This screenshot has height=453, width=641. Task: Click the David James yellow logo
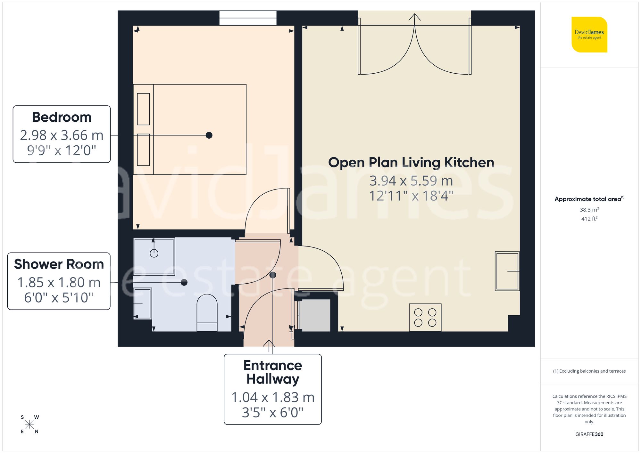[x=589, y=35]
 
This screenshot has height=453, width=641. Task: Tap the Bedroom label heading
[x=62, y=117]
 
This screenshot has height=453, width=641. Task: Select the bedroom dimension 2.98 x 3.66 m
[x=62, y=135]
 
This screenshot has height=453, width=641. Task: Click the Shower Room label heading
[x=59, y=264]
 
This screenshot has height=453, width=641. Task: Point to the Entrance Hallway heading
[x=273, y=372]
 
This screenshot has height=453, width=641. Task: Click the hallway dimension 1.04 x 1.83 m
[x=273, y=397]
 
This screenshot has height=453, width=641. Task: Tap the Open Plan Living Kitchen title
[x=411, y=162]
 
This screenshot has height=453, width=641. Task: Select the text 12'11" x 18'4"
[x=411, y=196]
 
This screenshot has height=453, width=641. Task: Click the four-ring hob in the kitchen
[x=425, y=317]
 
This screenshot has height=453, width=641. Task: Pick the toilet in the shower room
[x=207, y=313]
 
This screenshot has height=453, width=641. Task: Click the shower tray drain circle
[x=154, y=253]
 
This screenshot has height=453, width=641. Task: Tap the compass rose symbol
[x=29, y=425]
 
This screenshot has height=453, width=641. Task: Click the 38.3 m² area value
[x=589, y=210]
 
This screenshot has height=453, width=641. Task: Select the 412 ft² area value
[x=589, y=219]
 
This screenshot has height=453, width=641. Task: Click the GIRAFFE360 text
[x=589, y=434]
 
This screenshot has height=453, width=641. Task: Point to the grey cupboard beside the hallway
[x=314, y=315]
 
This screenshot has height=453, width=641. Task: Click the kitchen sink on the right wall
[x=507, y=271]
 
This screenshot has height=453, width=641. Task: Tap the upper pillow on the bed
[x=143, y=109]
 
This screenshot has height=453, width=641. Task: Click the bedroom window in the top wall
[x=248, y=18]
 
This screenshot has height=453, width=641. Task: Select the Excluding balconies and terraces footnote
[x=589, y=371]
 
